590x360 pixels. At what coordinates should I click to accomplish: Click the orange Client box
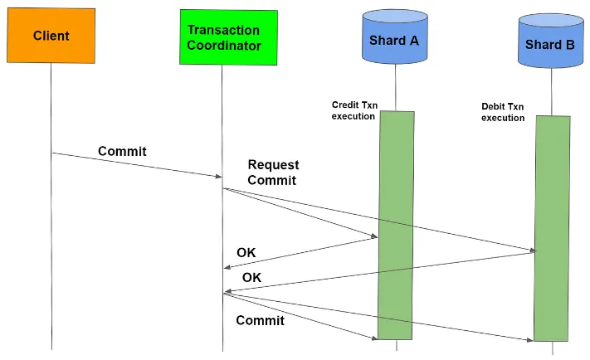pos(51,36)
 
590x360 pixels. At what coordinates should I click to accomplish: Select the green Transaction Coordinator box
pos(228,37)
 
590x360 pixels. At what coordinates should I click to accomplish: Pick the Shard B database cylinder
pos(549,43)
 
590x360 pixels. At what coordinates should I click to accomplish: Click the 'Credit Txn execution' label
pos(355,110)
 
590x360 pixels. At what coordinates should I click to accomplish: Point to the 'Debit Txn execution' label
pos(504,112)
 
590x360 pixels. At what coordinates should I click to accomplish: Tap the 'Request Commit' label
pos(273,172)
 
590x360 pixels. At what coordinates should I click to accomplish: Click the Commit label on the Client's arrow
pos(122,151)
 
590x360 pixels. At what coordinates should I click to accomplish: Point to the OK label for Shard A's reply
pos(246,252)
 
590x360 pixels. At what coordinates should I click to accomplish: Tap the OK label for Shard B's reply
pos(251,277)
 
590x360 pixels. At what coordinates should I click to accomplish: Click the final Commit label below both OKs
pos(260,320)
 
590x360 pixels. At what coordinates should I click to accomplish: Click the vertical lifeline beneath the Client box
pos(51,249)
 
